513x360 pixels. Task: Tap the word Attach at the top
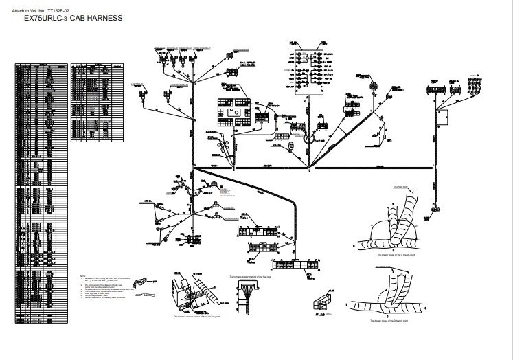[x=19, y=11]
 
